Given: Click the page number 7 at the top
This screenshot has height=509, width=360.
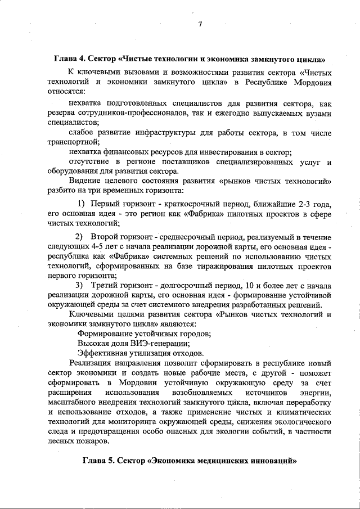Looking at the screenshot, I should click(x=200, y=24).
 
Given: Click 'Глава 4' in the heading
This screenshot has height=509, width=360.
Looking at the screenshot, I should click(x=71, y=58).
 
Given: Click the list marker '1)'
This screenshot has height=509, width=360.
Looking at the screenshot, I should click(x=80, y=203).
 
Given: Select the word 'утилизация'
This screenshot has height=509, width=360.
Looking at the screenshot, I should click(x=146, y=353).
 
